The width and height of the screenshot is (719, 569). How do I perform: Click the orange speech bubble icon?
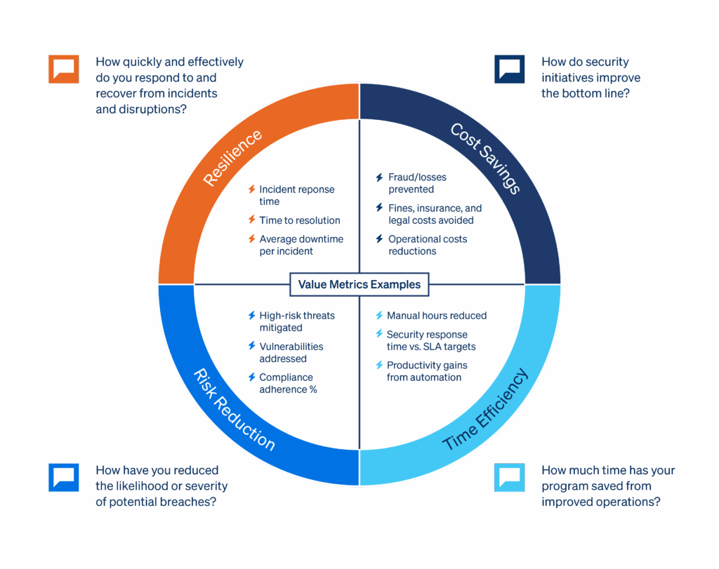pyautogui.click(x=64, y=69)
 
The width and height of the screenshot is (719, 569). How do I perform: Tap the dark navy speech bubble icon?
pyautogui.click(x=510, y=69)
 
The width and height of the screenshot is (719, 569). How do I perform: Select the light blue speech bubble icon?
pyautogui.click(x=510, y=477)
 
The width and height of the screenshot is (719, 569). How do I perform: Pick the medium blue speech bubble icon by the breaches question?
pyautogui.click(x=64, y=477)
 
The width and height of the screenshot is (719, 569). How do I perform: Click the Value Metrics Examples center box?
pyautogui.click(x=359, y=285)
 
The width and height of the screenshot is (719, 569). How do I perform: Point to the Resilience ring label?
pyautogui.click(x=232, y=158)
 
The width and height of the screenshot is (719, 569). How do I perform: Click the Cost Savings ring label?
pyautogui.click(x=485, y=159)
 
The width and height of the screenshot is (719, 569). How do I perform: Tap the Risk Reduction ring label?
pyautogui.click(x=234, y=410)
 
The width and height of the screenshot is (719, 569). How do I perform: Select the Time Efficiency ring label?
pyautogui.click(x=485, y=409)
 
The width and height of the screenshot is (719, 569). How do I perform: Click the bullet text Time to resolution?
pyautogui.click(x=300, y=220)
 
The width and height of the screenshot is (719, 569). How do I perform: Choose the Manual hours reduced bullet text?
pyautogui.click(x=437, y=316)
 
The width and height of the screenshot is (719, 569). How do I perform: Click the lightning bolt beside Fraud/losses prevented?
pyautogui.click(x=379, y=178)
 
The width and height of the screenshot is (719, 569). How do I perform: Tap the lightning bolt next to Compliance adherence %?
pyautogui.click(x=252, y=377)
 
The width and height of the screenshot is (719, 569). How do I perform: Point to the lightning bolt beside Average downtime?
pyautogui.click(x=252, y=239)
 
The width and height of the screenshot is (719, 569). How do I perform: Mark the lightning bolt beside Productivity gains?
pyautogui.click(x=379, y=365)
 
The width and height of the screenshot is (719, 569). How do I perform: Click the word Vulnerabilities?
pyautogui.click(x=291, y=347)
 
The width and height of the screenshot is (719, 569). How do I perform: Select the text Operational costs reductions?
pyautogui.click(x=428, y=245)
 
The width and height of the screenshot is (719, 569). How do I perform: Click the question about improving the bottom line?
pyautogui.click(x=591, y=77)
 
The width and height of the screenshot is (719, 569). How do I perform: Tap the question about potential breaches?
pyautogui.click(x=161, y=486)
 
